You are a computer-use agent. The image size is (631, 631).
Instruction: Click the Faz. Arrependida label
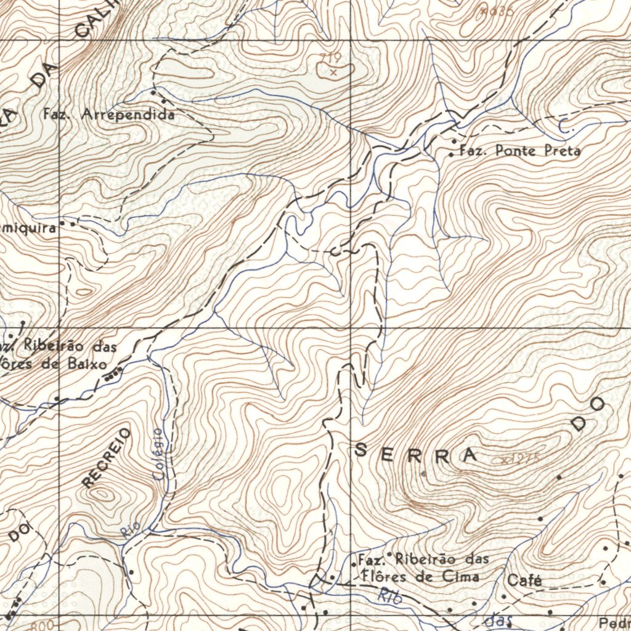point(109,115)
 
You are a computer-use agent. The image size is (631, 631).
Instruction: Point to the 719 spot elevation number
point(330,59)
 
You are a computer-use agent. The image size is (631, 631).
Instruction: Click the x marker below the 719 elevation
point(333,72)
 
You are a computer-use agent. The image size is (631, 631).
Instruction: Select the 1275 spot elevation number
point(524,458)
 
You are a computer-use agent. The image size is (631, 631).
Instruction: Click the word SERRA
point(417,454)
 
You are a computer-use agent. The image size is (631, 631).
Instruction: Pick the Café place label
point(524,580)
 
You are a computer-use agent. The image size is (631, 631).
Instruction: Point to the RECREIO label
point(107,458)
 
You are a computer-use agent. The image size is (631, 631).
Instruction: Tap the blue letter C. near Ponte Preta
point(566,126)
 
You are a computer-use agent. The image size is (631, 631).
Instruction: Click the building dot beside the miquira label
point(72,224)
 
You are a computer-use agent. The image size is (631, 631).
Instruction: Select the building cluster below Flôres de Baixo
point(113,372)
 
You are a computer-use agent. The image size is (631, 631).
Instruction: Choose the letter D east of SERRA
point(580,423)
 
